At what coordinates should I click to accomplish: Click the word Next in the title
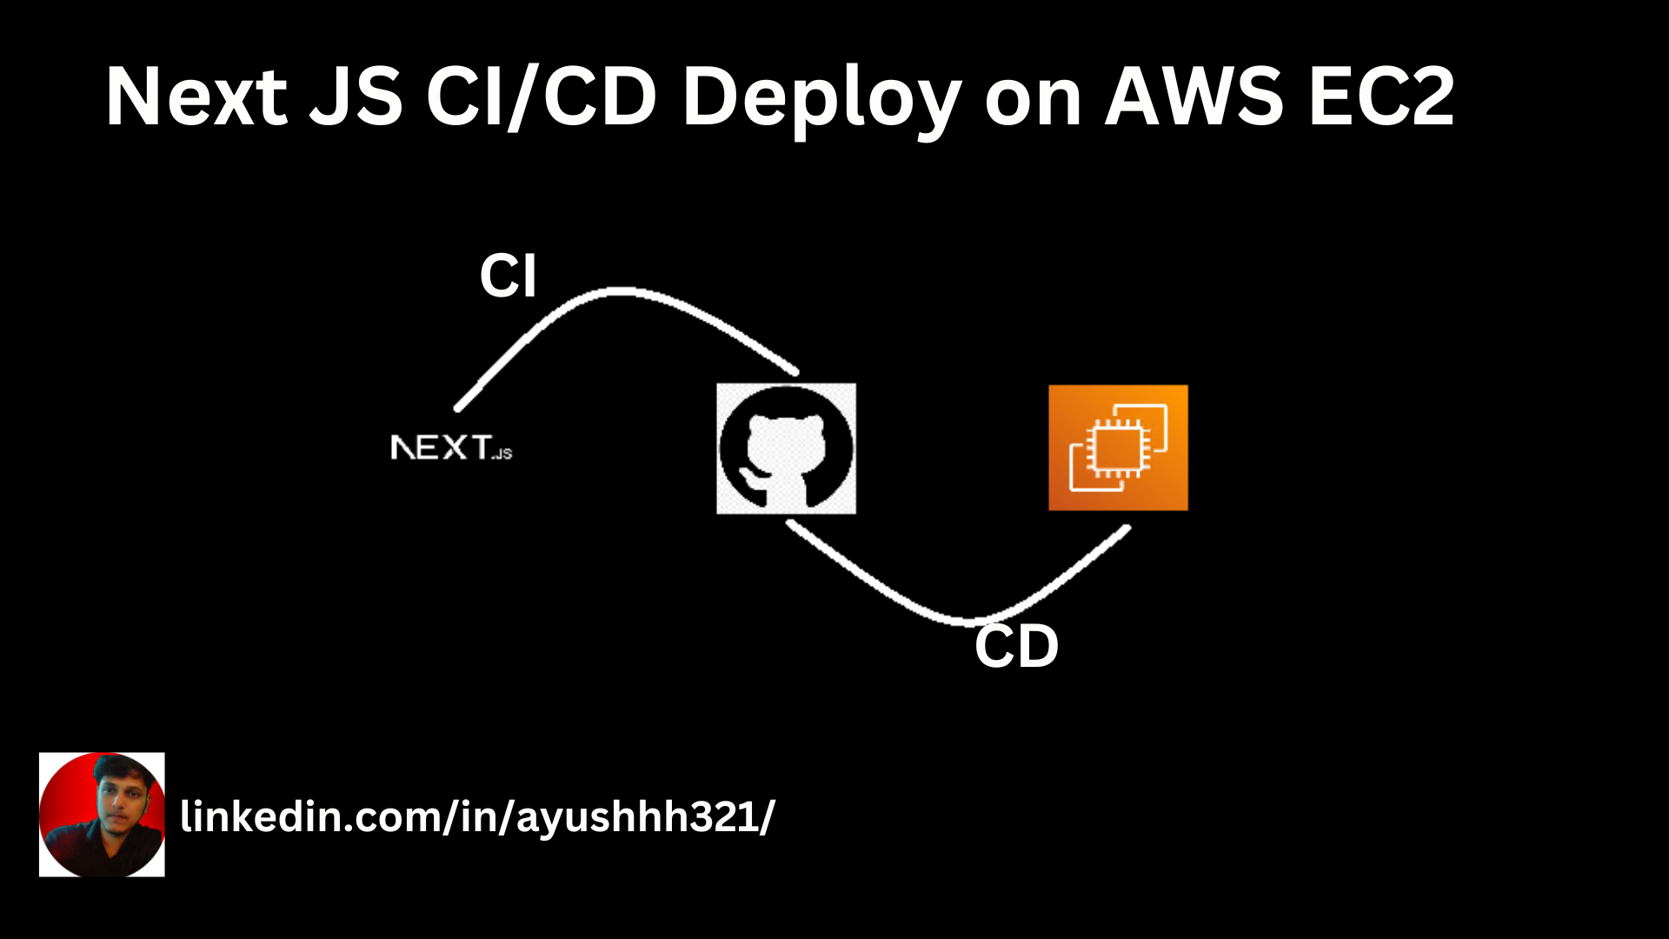tap(196, 97)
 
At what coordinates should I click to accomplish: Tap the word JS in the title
tap(356, 97)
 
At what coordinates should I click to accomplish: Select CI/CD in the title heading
tap(541, 97)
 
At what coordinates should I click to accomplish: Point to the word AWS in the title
tap(1194, 97)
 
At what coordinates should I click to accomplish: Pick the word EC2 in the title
tap(1381, 97)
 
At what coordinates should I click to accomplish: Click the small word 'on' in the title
tap(1033, 103)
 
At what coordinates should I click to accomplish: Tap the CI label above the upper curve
tap(509, 276)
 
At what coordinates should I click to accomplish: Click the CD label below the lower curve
tap(1016, 647)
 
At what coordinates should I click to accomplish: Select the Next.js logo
tap(451, 448)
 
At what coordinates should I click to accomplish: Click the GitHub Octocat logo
tap(786, 449)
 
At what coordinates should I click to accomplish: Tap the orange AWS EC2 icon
tap(1118, 448)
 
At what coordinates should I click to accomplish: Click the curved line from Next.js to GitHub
tap(619, 292)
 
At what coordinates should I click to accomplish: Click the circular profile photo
tap(102, 815)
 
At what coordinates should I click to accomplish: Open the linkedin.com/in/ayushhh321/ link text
tap(477, 817)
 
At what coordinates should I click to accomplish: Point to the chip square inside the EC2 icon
tap(1117, 445)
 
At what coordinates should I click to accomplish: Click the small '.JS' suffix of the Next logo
tap(502, 454)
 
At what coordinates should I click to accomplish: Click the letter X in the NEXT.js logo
tap(454, 448)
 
